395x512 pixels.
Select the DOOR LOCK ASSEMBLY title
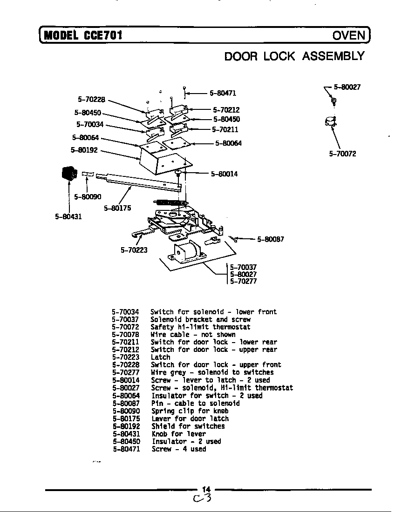(x=294, y=56)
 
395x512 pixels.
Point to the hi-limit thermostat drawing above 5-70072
(x=329, y=122)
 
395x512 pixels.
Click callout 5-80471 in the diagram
(x=223, y=93)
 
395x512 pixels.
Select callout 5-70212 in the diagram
(x=226, y=110)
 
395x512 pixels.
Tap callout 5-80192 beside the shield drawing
(x=85, y=150)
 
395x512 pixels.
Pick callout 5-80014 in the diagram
(x=224, y=174)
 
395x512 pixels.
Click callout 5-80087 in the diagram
(x=270, y=239)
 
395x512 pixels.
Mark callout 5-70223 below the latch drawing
(x=134, y=250)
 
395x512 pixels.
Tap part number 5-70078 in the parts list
(x=125, y=334)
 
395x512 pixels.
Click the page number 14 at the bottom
(x=206, y=489)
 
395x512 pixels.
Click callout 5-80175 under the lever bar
(x=117, y=208)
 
